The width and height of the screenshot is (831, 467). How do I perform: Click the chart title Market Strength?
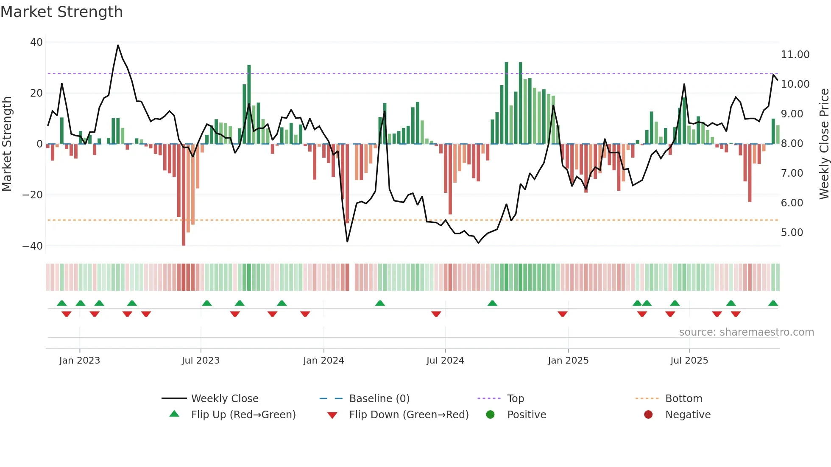click(61, 12)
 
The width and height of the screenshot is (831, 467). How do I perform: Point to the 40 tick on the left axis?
click(36, 42)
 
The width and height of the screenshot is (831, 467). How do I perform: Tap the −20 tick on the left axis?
click(33, 195)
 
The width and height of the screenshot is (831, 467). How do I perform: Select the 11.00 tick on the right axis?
click(795, 55)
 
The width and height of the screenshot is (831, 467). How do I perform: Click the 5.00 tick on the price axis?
click(792, 233)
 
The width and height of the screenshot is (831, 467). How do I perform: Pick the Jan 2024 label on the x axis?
click(323, 361)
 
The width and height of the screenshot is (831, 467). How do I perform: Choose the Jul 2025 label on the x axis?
click(689, 361)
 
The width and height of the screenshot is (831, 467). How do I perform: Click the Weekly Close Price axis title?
click(824, 144)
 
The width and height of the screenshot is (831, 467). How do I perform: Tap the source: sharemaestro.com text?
click(746, 332)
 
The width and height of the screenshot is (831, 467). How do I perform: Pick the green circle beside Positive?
click(491, 415)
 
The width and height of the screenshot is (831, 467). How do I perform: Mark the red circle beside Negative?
click(648, 415)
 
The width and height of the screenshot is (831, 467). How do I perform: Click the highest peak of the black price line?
click(118, 45)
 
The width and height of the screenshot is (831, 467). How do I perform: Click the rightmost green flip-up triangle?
click(773, 303)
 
